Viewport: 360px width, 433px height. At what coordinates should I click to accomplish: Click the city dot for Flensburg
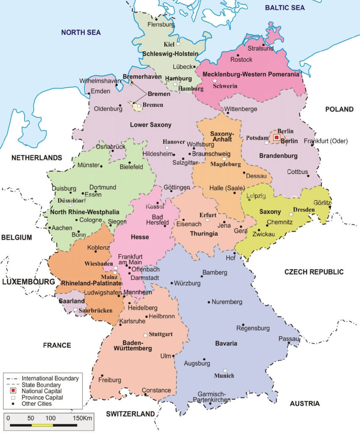click(x=156, y=19)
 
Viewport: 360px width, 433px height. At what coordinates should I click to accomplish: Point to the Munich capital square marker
click(x=225, y=370)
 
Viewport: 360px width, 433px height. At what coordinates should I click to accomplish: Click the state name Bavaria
click(x=226, y=343)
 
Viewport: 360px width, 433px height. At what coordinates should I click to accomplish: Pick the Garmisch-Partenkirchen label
click(x=211, y=397)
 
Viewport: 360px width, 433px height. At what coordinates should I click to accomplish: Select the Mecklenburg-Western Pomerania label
click(x=251, y=74)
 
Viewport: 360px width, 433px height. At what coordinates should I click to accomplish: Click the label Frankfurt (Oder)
click(x=327, y=141)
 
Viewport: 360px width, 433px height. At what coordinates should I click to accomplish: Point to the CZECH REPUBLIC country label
click(x=314, y=272)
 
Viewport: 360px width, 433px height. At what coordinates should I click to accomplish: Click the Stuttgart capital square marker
click(x=145, y=334)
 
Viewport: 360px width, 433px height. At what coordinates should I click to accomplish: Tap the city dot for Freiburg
click(x=102, y=375)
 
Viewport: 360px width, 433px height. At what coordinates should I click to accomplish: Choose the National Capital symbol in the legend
click(x=14, y=391)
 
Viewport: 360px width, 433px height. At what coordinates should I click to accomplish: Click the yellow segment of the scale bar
click(x=42, y=424)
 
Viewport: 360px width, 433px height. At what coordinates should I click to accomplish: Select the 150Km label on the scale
click(x=82, y=418)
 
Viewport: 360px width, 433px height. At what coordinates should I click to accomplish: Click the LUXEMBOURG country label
click(x=28, y=281)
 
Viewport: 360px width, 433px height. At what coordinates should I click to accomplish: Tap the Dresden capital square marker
click(x=291, y=215)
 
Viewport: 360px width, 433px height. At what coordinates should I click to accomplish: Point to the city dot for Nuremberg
click(x=209, y=302)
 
